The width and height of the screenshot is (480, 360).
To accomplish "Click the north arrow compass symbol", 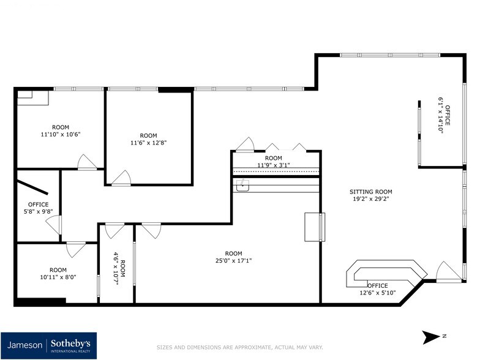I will coord(432,337).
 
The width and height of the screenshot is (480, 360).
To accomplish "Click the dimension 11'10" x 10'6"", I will coord(61,134).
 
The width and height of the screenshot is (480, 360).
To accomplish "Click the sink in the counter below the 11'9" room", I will coord(243,186).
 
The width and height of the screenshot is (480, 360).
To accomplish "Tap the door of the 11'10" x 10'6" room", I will coord(86,162).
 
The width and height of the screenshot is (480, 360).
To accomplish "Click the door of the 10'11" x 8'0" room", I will coord(76,249).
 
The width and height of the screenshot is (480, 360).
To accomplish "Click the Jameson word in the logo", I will coord(25,345).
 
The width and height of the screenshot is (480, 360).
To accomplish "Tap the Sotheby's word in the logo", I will coord(74,343).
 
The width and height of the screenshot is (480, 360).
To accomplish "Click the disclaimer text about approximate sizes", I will coord(240,347).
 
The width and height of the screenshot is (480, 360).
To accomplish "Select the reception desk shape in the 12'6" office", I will coord(386,273).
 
